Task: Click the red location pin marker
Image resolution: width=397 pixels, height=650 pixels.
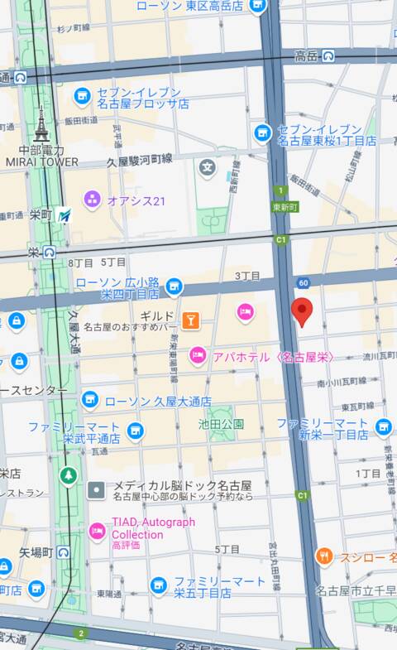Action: [x=303, y=311]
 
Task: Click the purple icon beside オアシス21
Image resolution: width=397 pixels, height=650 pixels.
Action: [x=92, y=199]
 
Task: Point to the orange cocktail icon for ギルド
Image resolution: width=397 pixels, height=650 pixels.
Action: [x=190, y=319]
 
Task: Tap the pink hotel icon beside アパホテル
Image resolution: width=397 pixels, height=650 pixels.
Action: [x=197, y=356]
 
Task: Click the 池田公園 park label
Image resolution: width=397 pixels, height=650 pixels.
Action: [x=221, y=424]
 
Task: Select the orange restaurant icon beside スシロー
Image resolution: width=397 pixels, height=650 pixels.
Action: [x=324, y=556]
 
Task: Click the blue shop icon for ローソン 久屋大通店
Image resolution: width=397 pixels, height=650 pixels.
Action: [x=89, y=402]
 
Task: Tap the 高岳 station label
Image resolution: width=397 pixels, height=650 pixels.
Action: [x=306, y=55]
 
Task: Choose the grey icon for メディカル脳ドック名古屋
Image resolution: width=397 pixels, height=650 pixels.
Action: [x=96, y=489]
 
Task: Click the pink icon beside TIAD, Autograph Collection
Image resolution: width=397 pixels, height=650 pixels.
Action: [x=97, y=528]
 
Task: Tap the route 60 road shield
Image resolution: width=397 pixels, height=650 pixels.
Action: [x=304, y=283]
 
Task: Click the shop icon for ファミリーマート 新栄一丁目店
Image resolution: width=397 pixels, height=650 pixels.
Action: [x=383, y=428]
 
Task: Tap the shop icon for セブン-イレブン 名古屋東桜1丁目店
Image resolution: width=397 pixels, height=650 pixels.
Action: [x=263, y=132]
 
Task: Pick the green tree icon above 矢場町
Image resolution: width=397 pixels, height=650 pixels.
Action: [x=68, y=476]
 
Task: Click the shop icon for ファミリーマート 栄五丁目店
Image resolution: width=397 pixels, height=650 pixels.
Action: [x=159, y=586]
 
